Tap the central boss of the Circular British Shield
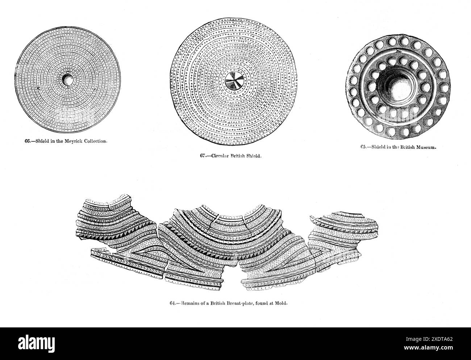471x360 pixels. click(233, 82)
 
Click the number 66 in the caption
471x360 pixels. click(27, 141)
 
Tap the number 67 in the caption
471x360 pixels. click(203, 156)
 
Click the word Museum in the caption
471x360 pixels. click(428, 147)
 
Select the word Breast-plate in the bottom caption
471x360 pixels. click(242, 304)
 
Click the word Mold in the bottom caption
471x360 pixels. click(282, 304)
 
